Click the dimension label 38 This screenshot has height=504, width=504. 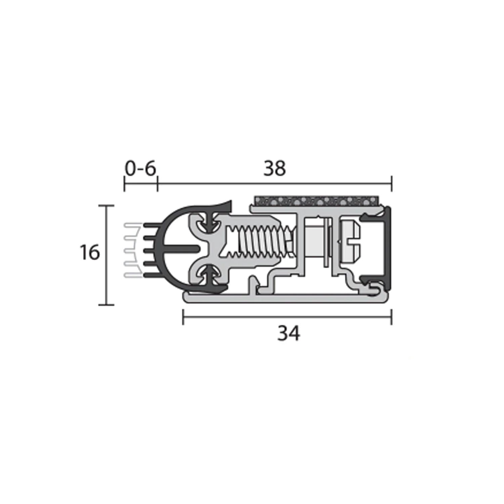[275, 169]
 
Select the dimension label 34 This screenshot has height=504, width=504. [289, 334]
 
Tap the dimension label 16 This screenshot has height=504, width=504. [90, 252]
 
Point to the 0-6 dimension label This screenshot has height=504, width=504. [140, 169]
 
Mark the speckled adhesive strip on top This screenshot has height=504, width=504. [318, 202]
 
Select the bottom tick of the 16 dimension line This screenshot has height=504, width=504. [107, 305]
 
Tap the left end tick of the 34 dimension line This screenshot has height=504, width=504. [183, 318]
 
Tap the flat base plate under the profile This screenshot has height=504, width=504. [286, 298]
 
